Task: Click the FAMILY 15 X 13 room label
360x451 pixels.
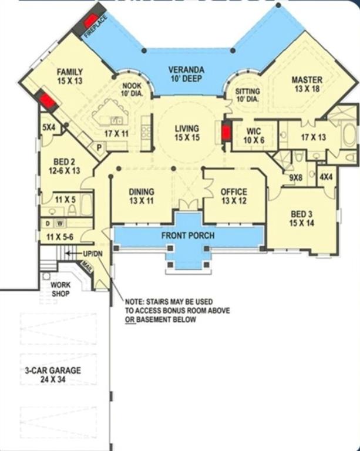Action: point(69,76)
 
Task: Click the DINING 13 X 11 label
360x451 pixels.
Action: point(141,196)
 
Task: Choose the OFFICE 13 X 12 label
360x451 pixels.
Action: point(233,196)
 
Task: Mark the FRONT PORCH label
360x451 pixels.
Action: point(188,235)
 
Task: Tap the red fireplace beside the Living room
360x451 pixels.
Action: point(226,132)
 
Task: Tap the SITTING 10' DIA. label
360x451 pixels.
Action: point(247,95)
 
